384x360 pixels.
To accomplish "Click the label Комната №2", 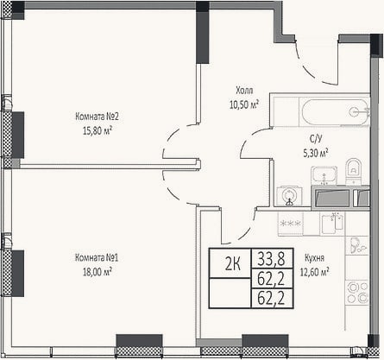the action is coord(97,117).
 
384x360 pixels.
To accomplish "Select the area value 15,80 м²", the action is coord(98,131).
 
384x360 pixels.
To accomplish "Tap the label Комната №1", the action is coord(97,257).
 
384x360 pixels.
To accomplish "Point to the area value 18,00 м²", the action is coord(98,272).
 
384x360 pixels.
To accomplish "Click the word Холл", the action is coord(244,91).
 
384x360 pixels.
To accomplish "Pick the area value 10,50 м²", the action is coord(244,104).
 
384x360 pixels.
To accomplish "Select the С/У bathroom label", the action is coord(316,139).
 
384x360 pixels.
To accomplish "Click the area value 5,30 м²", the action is coord(316,153).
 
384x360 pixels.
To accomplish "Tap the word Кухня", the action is coord(314,258).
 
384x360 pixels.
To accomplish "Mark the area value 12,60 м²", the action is coord(314,272).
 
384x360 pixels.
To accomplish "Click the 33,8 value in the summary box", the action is coord(272,258).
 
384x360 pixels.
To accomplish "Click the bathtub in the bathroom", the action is coord(336,111).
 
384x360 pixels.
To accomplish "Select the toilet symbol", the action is coord(354,171).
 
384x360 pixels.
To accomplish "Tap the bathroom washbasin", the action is coord(324,175).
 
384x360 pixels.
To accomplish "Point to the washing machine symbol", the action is coord(290,196).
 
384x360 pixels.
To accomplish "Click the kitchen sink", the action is coord(333,224).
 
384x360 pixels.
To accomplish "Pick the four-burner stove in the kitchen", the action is coord(357,292).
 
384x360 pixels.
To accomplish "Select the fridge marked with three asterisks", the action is coord(290,224).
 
